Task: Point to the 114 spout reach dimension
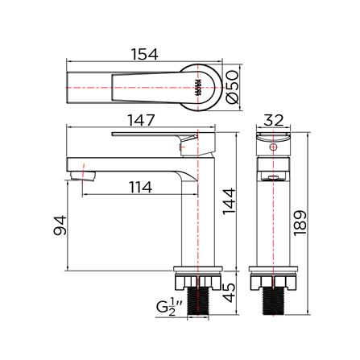139,188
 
